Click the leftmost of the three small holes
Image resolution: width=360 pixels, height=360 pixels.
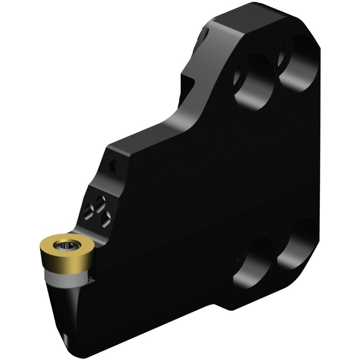89,207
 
